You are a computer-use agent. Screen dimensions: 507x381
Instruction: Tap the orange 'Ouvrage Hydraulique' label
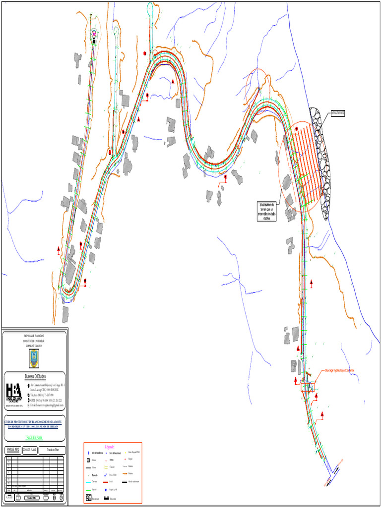pyautogui.click(x=339, y=371)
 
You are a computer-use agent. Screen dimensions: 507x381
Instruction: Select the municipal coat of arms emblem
pyautogui.click(x=34, y=358)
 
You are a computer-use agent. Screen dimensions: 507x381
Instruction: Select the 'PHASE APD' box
pyautogui.click(x=13, y=450)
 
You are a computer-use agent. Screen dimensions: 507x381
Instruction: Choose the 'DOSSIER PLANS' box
pyautogui.click(x=30, y=450)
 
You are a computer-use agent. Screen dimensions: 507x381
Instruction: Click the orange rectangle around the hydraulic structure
pyautogui.click(x=308, y=387)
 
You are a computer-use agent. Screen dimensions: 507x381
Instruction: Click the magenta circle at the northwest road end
pyautogui.click(x=94, y=34)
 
